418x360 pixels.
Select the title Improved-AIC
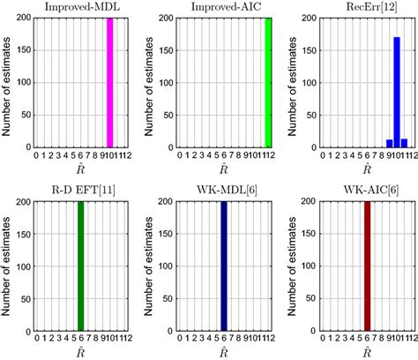224,7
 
